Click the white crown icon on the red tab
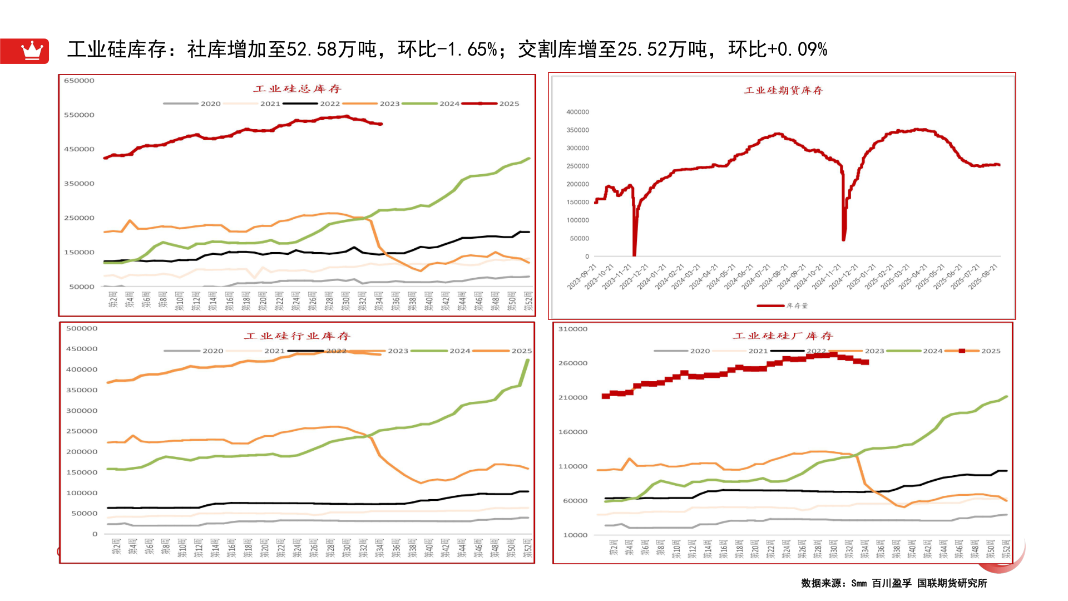pos(32,51)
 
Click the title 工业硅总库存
pos(297,89)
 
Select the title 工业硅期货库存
pos(783,91)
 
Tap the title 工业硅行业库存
pos(297,336)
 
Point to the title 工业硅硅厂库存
pos(783,336)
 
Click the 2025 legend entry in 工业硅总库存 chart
pos(509,104)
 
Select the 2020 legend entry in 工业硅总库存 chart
pos(210,104)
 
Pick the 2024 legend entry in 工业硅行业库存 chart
pos(459,351)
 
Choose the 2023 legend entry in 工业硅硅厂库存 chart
pos(874,351)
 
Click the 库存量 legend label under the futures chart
pos(797,306)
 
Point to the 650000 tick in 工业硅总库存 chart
pos(79,81)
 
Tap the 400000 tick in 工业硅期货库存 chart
pos(577,112)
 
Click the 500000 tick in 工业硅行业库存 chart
pos(82,329)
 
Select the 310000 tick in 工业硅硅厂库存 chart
pos(573,329)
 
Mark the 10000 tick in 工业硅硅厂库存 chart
pos(575,535)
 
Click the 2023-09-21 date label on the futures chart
pos(581,277)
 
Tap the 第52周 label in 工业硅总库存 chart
pos(528,300)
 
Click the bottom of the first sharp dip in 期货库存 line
pos(634,254)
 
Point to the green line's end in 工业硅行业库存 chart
pos(527,361)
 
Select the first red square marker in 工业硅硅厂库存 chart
pos(606,396)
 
